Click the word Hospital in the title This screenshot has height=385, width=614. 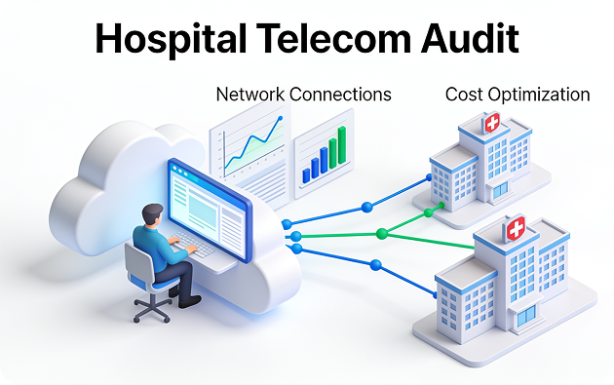[x=171, y=39]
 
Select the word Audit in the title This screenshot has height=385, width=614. [x=470, y=38]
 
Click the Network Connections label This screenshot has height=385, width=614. [x=303, y=95]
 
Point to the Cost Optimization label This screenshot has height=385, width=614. [x=518, y=95]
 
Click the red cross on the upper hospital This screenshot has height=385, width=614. [x=492, y=123]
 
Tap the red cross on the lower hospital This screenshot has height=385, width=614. [x=516, y=228]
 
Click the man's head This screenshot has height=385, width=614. [x=152, y=215]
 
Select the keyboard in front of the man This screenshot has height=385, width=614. [x=193, y=245]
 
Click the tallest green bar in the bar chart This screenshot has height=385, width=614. [x=342, y=145]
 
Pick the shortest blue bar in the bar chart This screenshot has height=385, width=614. [x=306, y=175]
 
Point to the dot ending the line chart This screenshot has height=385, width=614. [x=280, y=118]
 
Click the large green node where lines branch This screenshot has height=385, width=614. [x=382, y=234]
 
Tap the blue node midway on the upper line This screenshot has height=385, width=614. [x=366, y=208]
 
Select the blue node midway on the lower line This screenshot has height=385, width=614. [x=375, y=265]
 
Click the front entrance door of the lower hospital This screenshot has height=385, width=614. [x=526, y=316]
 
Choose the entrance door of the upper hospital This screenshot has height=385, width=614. [x=500, y=190]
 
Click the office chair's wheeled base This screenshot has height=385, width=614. [x=153, y=309]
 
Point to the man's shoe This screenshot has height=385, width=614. [x=189, y=301]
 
